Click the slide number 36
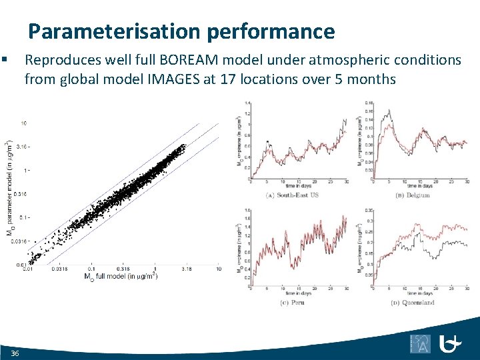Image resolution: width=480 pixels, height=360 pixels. pyautogui.click(x=15, y=352)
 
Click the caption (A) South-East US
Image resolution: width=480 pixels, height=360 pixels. pyautogui.click(x=294, y=195)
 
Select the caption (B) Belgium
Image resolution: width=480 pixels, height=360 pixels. pyautogui.click(x=414, y=195)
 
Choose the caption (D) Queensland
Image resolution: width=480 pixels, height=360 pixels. pyautogui.click(x=414, y=302)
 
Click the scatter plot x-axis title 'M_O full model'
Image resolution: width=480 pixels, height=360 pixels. pyautogui.click(x=119, y=276)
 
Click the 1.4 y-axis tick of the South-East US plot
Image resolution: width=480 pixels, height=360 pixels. pyautogui.click(x=247, y=103)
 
